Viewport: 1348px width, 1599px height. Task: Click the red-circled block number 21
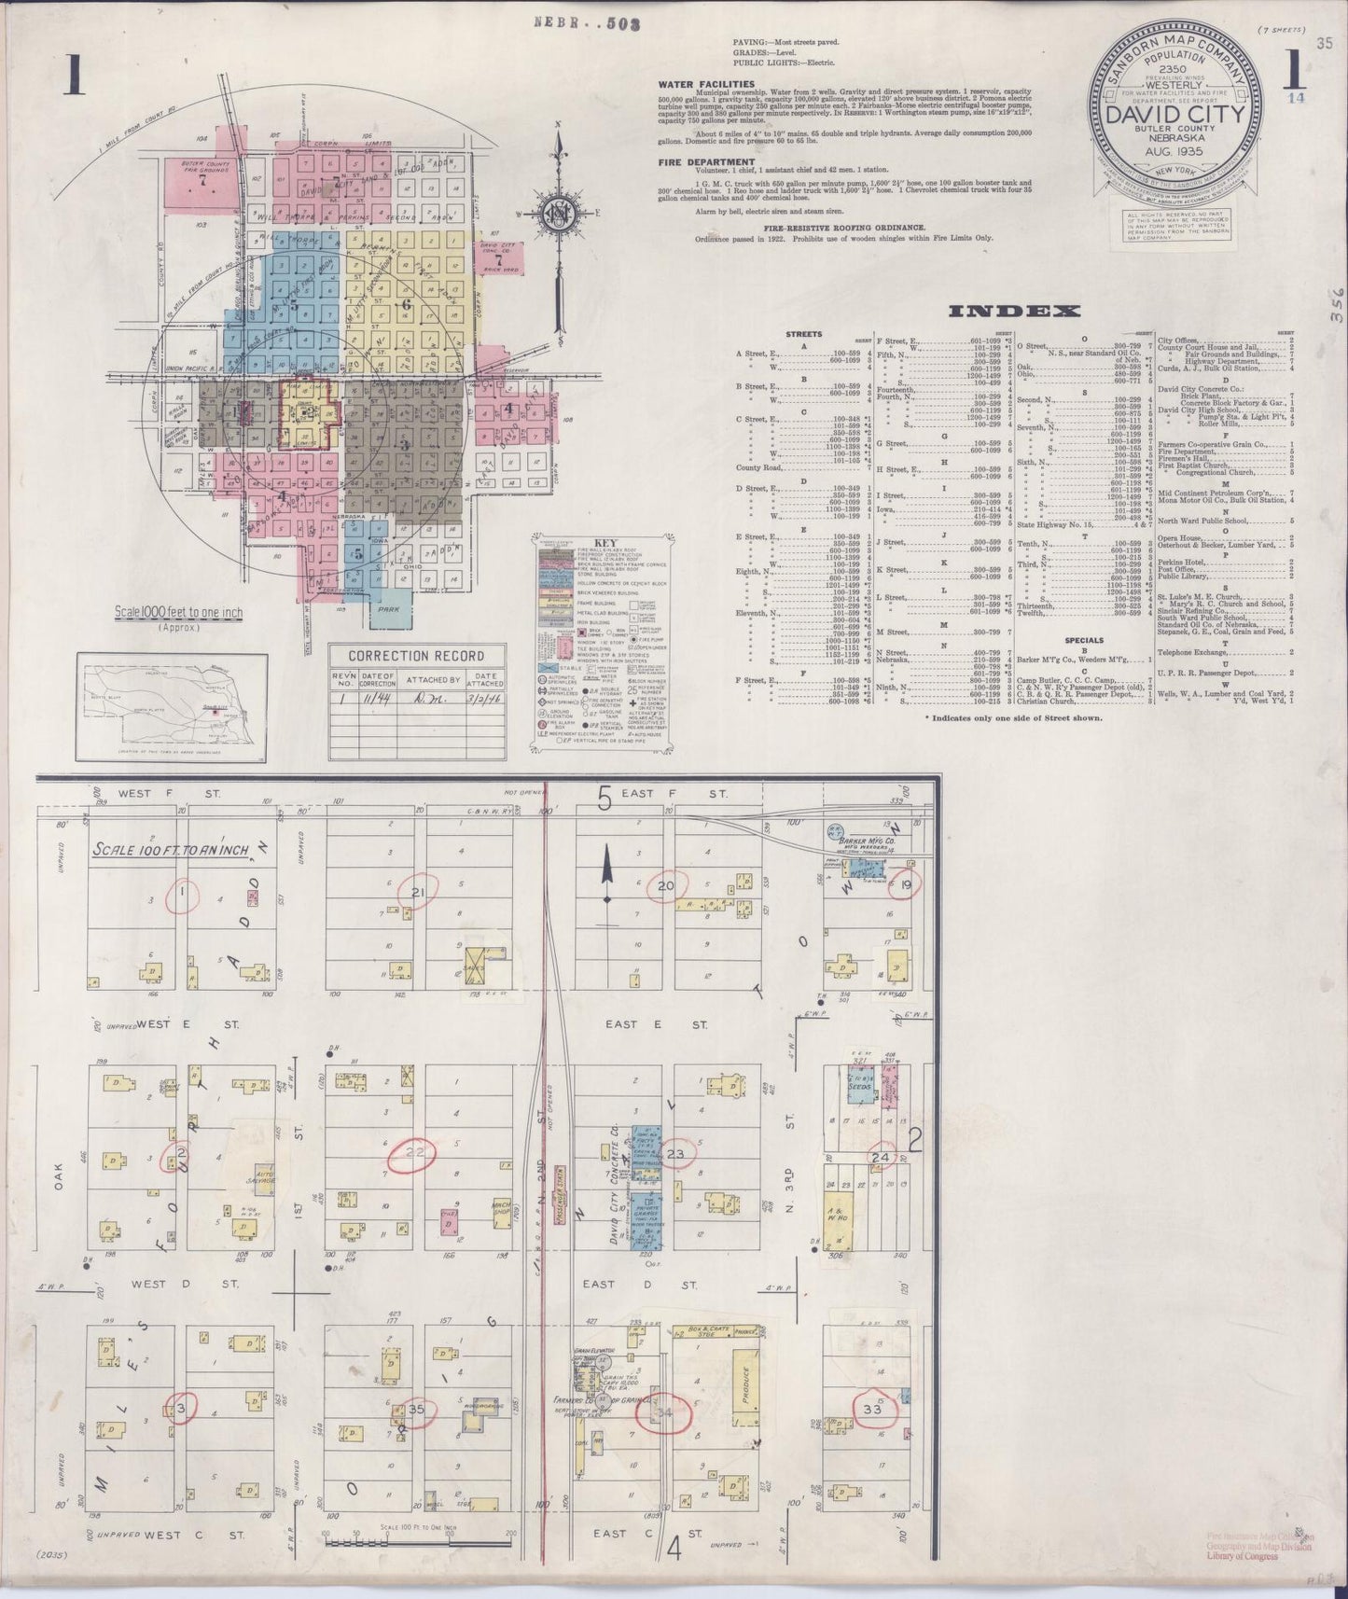coord(418,893)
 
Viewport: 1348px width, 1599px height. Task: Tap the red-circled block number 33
coord(873,1409)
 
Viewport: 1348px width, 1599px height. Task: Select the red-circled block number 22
coord(413,1153)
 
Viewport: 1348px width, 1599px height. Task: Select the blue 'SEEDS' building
coord(860,1087)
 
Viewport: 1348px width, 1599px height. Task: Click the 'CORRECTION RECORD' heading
coord(415,656)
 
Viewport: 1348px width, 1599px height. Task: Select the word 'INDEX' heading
coord(1014,313)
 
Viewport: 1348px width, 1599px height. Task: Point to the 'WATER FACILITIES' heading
coord(700,84)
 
